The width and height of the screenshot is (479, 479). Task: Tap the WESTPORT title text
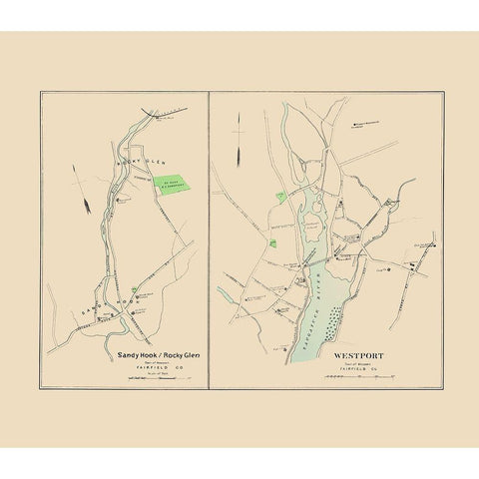click(x=349, y=350)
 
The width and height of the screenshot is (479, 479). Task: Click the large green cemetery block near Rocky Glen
click(x=170, y=185)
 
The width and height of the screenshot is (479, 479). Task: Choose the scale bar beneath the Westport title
click(x=351, y=376)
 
